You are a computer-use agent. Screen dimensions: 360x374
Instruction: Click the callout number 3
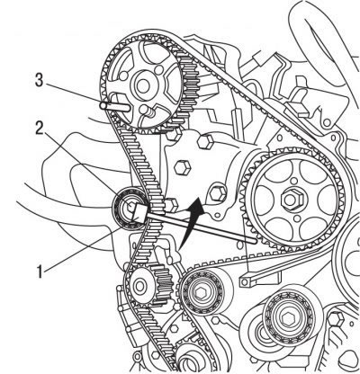tap(39, 81)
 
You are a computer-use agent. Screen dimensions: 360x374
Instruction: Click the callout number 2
tap(39, 128)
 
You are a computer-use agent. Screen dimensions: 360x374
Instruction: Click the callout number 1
tap(40, 272)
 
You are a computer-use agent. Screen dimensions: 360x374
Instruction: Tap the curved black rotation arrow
tap(192, 221)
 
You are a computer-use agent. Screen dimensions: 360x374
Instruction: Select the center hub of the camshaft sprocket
tap(143, 85)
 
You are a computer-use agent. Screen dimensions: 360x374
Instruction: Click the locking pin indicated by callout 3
tap(115, 106)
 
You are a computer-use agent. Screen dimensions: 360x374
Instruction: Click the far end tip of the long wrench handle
tap(255, 240)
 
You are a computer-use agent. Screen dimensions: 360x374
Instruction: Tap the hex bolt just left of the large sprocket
tap(218, 193)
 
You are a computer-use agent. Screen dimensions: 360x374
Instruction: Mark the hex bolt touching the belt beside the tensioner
tap(171, 205)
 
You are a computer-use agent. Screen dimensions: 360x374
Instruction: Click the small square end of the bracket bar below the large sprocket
tap(245, 281)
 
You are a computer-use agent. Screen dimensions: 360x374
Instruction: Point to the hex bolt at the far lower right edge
tap(336, 319)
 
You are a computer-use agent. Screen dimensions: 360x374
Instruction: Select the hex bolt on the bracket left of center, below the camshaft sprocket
tap(183, 168)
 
